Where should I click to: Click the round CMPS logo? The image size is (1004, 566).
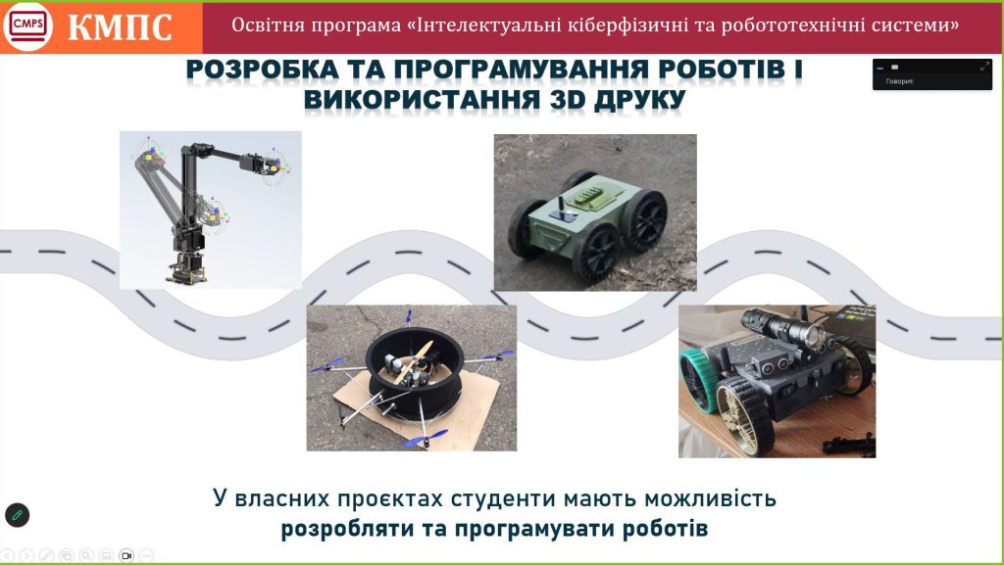click(x=27, y=26)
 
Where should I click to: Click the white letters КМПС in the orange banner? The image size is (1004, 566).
click(x=120, y=27)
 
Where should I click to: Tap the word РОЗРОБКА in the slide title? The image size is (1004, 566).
click(x=263, y=70)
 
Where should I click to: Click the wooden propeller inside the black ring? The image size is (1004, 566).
click(x=414, y=362)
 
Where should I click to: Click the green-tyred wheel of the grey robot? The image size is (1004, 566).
click(x=698, y=381)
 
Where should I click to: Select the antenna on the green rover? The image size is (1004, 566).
click(x=558, y=206)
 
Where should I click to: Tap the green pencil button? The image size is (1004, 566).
click(x=18, y=515)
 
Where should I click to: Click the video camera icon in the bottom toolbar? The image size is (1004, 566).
click(x=126, y=556)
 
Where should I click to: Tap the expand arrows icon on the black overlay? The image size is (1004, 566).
click(x=984, y=67)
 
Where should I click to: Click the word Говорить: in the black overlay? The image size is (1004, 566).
click(x=900, y=81)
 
